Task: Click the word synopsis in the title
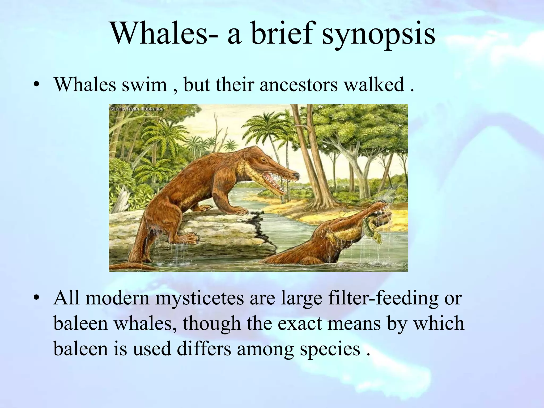(378, 35)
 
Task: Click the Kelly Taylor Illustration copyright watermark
(137, 109)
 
